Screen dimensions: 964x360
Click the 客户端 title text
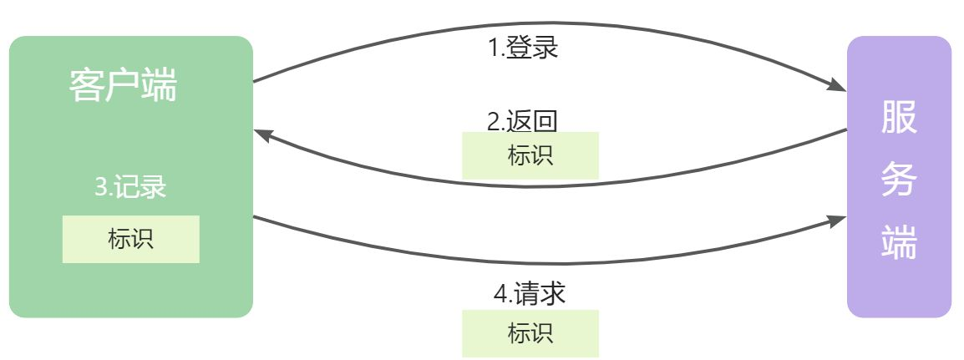(x=124, y=85)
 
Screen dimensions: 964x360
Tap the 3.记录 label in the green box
(x=130, y=187)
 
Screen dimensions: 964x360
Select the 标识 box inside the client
(x=130, y=239)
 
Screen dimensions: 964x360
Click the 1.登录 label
(x=523, y=48)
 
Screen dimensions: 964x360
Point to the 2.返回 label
(x=522, y=121)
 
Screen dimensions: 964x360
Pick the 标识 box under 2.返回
(x=530, y=155)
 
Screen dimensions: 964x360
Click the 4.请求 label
(x=530, y=293)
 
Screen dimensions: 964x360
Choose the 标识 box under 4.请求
(x=530, y=333)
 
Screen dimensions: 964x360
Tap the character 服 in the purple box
(x=899, y=119)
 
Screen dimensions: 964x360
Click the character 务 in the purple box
(x=899, y=182)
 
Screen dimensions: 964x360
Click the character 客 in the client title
(x=87, y=85)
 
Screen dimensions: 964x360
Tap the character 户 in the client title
(x=124, y=85)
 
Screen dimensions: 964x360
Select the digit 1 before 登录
(x=493, y=48)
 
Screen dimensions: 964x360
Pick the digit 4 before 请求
(x=500, y=294)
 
